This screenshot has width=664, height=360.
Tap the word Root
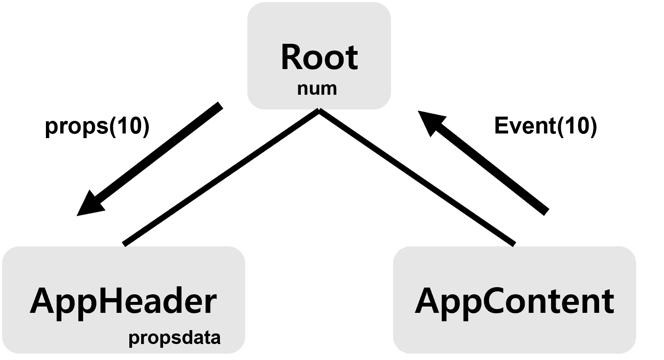point(319,57)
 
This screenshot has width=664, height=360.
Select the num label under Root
point(317,89)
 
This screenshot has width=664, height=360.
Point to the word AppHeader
point(123,301)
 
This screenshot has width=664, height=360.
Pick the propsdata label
point(174,338)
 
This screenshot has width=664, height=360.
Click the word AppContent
point(514,301)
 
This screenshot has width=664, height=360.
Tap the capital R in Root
point(292,57)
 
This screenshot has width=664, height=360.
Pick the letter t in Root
point(352,58)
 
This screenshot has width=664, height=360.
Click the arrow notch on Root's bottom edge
point(320,110)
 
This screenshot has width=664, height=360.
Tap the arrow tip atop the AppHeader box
point(126,245)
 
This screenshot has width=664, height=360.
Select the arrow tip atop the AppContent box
point(512,245)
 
